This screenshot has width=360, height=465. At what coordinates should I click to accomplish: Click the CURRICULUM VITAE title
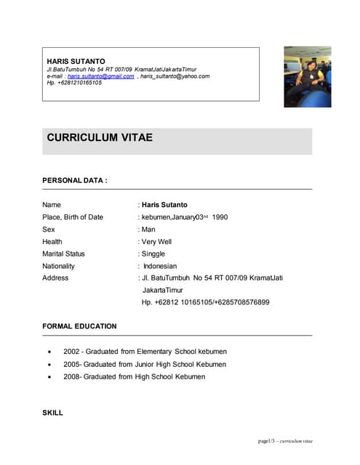pyautogui.click(x=100, y=137)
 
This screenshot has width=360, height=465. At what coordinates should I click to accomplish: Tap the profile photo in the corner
pyautogui.click(x=307, y=77)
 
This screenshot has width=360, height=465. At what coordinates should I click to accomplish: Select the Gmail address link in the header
pyautogui.click(x=100, y=76)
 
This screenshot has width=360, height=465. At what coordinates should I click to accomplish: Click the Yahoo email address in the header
pyautogui.click(x=175, y=76)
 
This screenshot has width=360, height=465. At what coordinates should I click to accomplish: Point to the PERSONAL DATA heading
pyautogui.click(x=75, y=179)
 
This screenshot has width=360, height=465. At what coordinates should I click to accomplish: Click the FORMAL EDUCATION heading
pyautogui.click(x=79, y=326)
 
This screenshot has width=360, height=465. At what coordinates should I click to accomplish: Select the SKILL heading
pyautogui.click(x=52, y=413)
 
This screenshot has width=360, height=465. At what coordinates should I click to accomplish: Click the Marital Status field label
pyautogui.click(x=63, y=254)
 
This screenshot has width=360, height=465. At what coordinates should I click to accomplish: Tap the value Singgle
pyautogui.click(x=154, y=254)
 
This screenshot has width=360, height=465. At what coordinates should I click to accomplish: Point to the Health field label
pyautogui.click(x=52, y=241)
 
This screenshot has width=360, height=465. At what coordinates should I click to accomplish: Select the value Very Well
pyautogui.click(x=156, y=241)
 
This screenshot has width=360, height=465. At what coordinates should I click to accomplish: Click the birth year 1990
pyautogui.click(x=220, y=217)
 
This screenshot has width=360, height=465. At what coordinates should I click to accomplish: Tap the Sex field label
pyautogui.click(x=49, y=229)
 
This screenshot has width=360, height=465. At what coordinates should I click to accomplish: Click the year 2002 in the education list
pyautogui.click(x=72, y=352)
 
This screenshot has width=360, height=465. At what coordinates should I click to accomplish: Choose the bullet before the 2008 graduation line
pyautogui.click(x=49, y=377)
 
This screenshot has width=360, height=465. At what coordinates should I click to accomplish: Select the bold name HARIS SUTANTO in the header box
pyautogui.click(x=76, y=61)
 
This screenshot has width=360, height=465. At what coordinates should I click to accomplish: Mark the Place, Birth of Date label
pyautogui.click(x=73, y=217)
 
